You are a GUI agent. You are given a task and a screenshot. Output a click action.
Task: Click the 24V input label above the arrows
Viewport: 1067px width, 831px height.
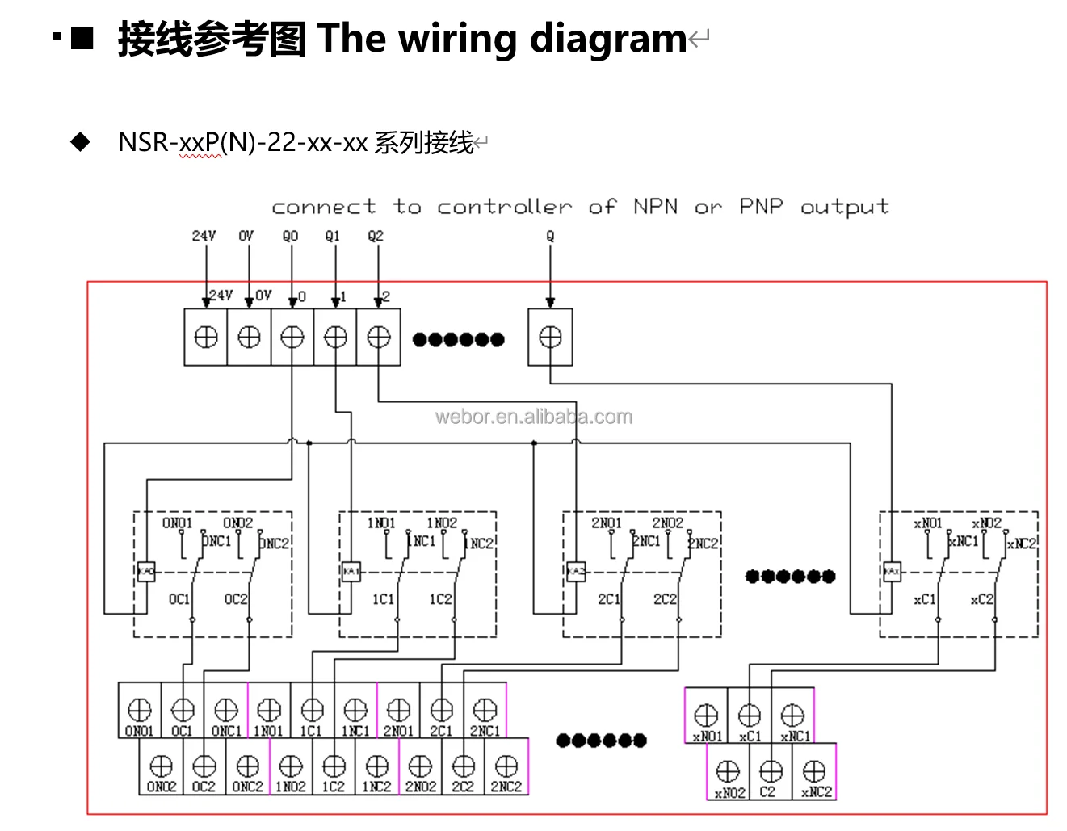[x=204, y=236]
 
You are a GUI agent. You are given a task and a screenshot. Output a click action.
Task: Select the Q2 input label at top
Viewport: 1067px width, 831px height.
[x=376, y=236]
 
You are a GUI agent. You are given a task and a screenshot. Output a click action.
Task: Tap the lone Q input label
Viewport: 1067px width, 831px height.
[x=550, y=236]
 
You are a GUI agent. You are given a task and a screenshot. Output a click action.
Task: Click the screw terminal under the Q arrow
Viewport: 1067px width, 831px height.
[x=550, y=338]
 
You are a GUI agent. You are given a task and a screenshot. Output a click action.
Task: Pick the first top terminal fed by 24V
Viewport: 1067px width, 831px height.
[x=206, y=338]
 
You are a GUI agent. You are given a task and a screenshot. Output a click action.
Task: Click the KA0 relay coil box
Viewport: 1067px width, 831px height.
[x=145, y=571]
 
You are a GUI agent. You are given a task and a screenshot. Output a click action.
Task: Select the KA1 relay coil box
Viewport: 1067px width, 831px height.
[x=351, y=571]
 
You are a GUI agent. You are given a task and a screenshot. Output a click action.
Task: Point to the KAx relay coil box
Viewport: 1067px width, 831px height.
[x=891, y=571]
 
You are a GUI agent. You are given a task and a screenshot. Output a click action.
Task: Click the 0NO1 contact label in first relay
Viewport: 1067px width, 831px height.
[x=177, y=523]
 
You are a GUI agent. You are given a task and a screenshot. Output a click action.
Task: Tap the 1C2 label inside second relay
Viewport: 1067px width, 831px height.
[x=440, y=599]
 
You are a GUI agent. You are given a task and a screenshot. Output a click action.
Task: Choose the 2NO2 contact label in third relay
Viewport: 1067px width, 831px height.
[x=667, y=523]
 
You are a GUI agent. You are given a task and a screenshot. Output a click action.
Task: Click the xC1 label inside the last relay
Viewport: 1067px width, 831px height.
[x=924, y=599]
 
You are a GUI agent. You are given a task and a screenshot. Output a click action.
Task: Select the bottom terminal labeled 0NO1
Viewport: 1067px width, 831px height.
[x=140, y=711]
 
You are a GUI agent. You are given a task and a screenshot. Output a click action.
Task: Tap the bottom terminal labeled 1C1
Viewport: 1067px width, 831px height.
[x=312, y=711]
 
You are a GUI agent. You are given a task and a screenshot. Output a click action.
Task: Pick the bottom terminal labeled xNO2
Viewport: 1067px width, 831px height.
[x=728, y=771]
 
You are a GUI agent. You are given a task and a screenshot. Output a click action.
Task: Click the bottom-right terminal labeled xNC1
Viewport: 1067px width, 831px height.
[x=792, y=716]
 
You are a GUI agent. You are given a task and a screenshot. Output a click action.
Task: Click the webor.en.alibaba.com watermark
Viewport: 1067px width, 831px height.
[x=533, y=417]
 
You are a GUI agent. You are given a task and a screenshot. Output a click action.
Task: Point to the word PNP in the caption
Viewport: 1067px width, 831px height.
[x=761, y=207]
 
